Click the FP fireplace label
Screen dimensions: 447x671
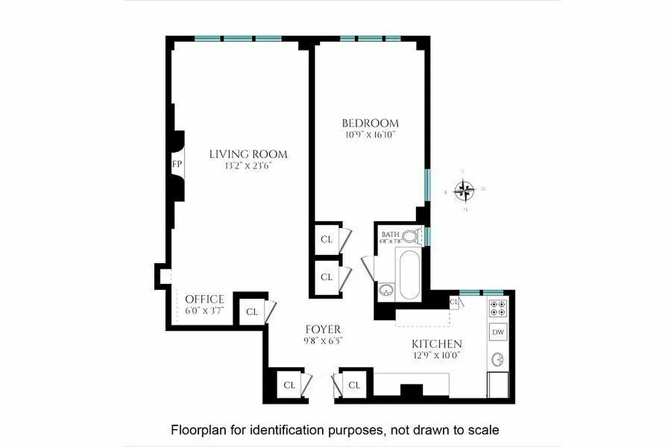[x=177, y=165]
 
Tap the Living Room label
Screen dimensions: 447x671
[x=248, y=154]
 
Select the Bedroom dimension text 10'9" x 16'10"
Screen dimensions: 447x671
[x=370, y=135]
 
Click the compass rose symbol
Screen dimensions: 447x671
[x=464, y=191]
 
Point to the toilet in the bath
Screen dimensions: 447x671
[x=411, y=236]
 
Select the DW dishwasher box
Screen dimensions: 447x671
[x=498, y=332]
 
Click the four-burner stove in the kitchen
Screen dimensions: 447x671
[x=498, y=308]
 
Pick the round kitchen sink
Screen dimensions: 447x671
[x=498, y=358]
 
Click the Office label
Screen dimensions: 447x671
[x=205, y=299]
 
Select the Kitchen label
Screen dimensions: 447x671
[x=437, y=344]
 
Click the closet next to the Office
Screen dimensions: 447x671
[x=252, y=312]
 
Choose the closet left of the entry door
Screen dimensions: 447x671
[x=289, y=385]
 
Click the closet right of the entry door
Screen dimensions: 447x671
[x=354, y=385]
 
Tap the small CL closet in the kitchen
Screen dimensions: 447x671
[x=454, y=302]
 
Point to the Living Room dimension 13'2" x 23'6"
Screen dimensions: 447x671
[x=248, y=165]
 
